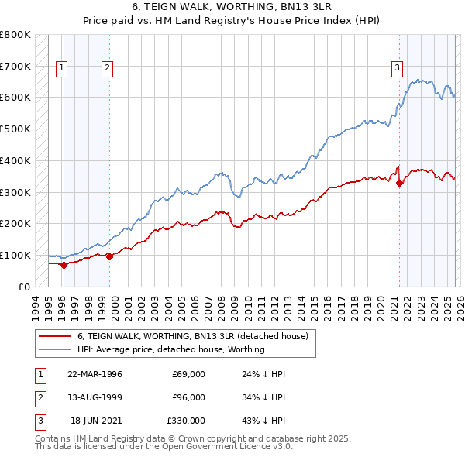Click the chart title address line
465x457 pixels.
[232, 9]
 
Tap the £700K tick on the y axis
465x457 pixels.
[15, 66]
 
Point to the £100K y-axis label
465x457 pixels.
[15, 255]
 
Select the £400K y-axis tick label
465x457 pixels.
[15, 160]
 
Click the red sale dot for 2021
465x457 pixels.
[399, 184]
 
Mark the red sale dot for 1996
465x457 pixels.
[64, 265]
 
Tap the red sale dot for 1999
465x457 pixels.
[108, 256]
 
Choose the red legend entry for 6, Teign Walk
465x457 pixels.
[193, 336]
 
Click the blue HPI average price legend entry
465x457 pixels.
[170, 349]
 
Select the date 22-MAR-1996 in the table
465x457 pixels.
[95, 374]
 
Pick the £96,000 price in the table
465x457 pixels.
[188, 397]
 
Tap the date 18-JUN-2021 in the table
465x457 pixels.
[95, 421]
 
